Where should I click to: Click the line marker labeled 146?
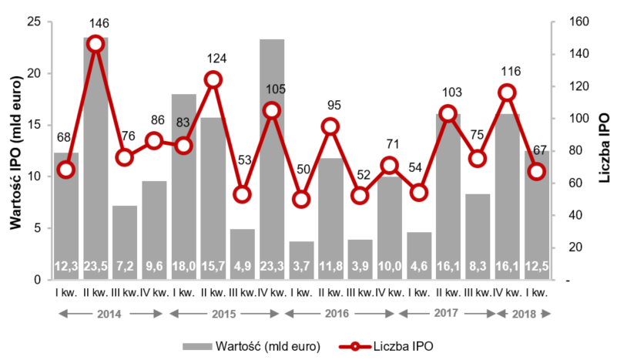(96, 44)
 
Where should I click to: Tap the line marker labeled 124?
(213, 79)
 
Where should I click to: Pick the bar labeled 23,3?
(272, 154)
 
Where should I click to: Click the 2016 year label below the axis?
(337, 314)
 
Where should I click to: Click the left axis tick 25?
(34, 22)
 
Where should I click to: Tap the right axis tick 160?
(574, 22)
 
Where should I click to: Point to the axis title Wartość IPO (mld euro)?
(14, 150)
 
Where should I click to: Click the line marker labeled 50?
(301, 199)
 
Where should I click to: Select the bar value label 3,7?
(301, 267)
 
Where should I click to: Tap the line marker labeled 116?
(507, 93)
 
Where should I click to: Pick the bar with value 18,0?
(183, 185)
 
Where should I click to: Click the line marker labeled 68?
(66, 170)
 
